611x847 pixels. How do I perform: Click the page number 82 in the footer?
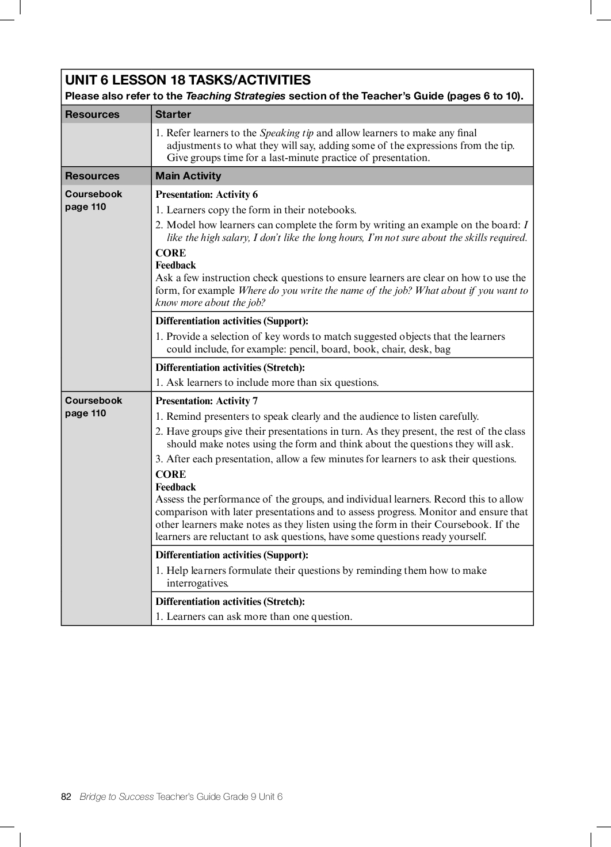(66, 796)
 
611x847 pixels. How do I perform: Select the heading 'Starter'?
(173, 114)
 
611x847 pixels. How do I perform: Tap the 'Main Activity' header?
(188, 176)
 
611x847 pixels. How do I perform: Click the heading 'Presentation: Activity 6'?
(207, 194)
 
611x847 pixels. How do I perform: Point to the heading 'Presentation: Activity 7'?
(207, 401)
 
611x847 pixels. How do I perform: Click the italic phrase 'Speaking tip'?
(287, 133)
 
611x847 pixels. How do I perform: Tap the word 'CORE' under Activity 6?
(171, 253)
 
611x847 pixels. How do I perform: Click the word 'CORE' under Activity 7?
(171, 474)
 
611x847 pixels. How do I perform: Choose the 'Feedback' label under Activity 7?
(175, 487)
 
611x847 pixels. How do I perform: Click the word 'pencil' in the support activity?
(303, 349)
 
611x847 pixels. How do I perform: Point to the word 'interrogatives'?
(197, 583)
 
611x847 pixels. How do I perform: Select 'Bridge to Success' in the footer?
(117, 796)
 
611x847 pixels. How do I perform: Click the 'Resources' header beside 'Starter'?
(92, 114)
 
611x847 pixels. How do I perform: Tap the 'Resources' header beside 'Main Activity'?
(92, 176)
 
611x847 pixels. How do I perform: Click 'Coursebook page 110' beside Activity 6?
(93, 200)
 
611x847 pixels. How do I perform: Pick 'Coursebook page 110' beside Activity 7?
(93, 407)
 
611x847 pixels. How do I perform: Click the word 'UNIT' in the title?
(82, 80)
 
